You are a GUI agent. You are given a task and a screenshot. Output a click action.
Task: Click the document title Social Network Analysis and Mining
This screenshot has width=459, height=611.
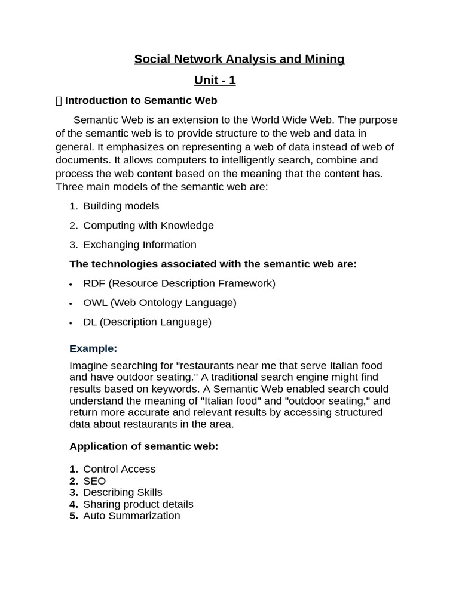tap(239, 59)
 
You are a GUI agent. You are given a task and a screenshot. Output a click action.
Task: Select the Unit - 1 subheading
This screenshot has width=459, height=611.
tap(215, 80)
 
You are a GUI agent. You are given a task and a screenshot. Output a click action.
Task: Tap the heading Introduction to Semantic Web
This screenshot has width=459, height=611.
tap(141, 100)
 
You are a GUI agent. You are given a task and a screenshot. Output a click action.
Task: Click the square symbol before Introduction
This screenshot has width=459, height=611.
tap(59, 101)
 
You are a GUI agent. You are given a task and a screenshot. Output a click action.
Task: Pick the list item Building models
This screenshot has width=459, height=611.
tap(121, 206)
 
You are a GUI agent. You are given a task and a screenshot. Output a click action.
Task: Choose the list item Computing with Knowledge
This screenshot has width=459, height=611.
tap(148, 225)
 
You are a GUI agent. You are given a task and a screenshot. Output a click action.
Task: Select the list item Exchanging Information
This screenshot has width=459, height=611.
tap(139, 245)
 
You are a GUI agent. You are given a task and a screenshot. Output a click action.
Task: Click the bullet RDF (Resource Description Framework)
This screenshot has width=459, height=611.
tap(179, 283)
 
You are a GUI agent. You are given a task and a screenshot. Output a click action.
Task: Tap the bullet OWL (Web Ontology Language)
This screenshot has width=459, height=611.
tap(160, 303)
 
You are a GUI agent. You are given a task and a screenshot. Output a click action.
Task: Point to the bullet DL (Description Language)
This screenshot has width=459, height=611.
tap(147, 322)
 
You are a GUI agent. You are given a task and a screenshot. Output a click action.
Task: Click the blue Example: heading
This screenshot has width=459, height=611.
tap(93, 348)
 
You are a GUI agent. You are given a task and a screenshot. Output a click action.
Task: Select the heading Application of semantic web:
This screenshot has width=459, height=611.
tap(143, 446)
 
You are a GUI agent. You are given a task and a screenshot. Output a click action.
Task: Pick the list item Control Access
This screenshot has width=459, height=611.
tap(119, 469)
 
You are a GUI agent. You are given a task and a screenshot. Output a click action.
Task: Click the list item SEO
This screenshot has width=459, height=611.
tap(94, 481)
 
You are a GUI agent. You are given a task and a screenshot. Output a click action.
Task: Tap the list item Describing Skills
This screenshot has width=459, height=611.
tap(123, 492)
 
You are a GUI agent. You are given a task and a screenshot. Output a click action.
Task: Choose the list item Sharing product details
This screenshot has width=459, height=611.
tap(138, 504)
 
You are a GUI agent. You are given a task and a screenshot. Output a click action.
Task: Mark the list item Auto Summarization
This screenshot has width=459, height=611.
tap(131, 516)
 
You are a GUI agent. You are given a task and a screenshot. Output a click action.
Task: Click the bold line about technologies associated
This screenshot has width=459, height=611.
tap(213, 264)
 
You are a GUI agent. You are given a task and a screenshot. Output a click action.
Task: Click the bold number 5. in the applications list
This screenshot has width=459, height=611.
tap(74, 516)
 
